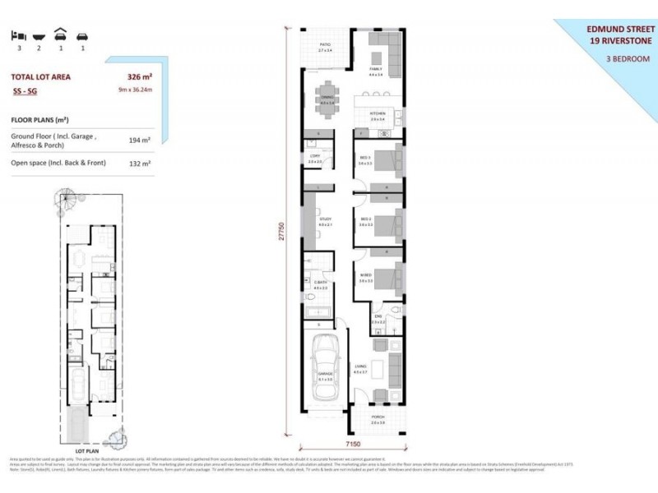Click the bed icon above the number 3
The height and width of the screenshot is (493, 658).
(x=18, y=36)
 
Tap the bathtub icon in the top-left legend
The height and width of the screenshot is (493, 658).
(x=38, y=36)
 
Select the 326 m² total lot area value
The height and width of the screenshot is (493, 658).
(x=140, y=76)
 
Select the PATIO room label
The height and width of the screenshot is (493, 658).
(x=325, y=45)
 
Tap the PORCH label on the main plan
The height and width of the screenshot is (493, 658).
(x=378, y=417)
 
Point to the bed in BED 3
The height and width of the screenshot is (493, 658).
(x=392, y=156)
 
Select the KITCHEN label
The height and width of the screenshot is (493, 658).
(x=378, y=113)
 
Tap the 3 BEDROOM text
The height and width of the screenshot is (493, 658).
(x=628, y=59)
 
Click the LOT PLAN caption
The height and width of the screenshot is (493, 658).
(x=87, y=451)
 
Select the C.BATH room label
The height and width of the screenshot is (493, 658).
(x=320, y=283)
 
